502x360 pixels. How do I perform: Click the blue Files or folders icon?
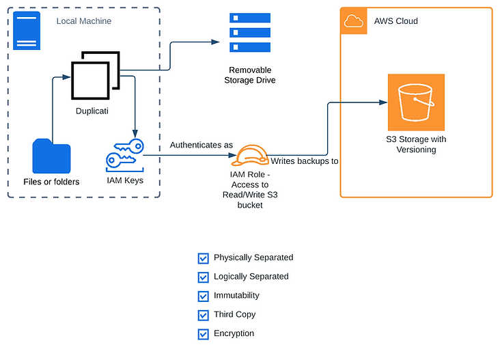51,156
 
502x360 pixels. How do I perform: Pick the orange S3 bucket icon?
416,102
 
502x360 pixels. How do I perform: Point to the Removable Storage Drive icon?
249,32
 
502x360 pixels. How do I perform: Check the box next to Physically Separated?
203,258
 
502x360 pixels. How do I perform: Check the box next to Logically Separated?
203,277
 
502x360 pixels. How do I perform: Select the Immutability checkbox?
203,296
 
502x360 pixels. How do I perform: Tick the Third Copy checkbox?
203,316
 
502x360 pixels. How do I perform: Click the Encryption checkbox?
203,335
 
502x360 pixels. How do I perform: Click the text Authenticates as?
201,145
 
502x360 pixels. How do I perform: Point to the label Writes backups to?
305,161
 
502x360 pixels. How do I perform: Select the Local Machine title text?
83,21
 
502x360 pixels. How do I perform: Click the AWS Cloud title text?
395,21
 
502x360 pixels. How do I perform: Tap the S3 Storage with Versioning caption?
416,144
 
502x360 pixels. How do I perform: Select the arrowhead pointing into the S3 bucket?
383,102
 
